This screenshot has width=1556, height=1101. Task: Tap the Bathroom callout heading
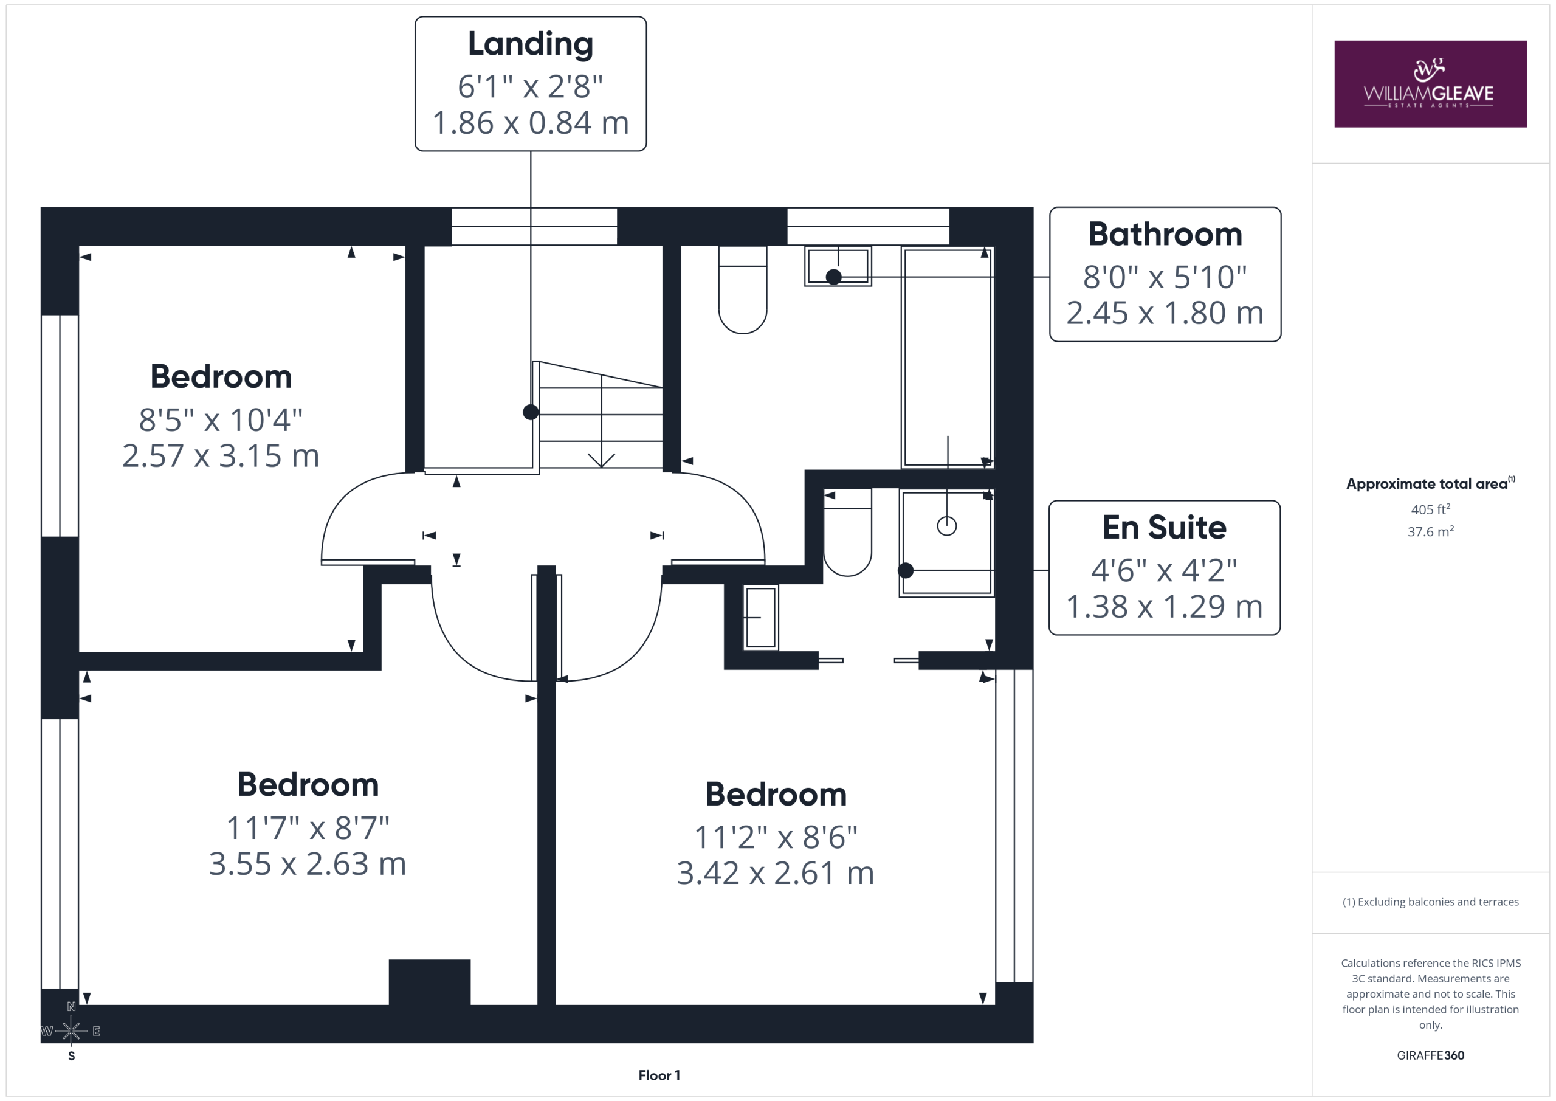(x=1165, y=235)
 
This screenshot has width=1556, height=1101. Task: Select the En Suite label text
(x=1165, y=528)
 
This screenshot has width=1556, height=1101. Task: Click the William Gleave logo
(x=1431, y=84)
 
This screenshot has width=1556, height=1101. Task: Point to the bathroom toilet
(x=743, y=289)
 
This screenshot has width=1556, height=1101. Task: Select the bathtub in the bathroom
(x=948, y=357)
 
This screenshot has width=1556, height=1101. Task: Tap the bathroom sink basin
(x=838, y=266)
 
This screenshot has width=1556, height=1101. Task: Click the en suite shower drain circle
(x=947, y=525)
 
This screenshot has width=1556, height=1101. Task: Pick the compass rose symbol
(x=71, y=1031)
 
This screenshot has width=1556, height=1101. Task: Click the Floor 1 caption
(x=659, y=1075)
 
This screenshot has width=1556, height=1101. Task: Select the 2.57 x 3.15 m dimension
(x=220, y=456)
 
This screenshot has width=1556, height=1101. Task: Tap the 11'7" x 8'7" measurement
(x=308, y=828)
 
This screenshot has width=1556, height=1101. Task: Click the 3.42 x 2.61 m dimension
(x=776, y=873)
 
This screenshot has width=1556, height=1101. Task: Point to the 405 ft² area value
(x=1431, y=509)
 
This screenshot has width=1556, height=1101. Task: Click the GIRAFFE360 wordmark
(x=1431, y=1055)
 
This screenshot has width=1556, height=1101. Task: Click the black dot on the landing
(x=531, y=412)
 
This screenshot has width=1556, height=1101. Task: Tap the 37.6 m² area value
(x=1431, y=531)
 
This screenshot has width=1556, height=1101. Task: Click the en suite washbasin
(x=761, y=618)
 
